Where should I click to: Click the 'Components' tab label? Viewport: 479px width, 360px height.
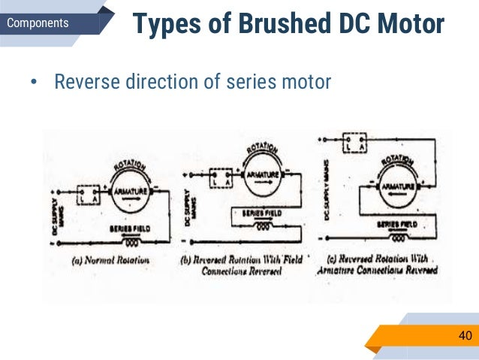click(38, 23)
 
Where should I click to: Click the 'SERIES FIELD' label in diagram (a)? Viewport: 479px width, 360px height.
click(130, 228)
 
